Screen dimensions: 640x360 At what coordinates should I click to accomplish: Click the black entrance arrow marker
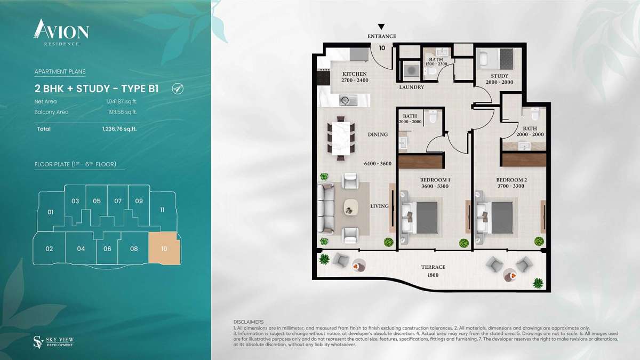[381, 27]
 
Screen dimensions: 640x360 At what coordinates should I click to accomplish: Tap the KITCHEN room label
[355, 74]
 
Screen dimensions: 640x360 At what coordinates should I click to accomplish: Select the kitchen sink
[348, 100]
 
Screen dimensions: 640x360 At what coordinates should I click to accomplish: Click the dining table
[341, 138]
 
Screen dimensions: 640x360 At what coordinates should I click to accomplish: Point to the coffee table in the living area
[350, 206]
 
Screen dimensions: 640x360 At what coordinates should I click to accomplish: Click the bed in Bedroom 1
[420, 218]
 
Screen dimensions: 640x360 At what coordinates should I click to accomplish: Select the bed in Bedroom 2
[495, 218]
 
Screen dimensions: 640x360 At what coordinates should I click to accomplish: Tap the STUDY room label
[499, 76]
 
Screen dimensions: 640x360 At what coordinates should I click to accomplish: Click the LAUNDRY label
[411, 87]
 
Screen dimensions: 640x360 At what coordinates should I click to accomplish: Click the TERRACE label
[433, 267]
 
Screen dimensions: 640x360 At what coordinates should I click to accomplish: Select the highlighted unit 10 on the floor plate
[165, 248]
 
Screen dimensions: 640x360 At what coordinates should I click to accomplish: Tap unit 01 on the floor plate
[51, 212]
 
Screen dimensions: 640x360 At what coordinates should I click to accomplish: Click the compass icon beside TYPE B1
[178, 89]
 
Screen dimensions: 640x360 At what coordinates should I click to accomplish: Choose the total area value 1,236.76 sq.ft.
[119, 129]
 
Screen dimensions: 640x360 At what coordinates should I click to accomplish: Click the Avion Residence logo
[61, 32]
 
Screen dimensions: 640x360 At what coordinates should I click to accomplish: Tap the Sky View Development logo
[53, 342]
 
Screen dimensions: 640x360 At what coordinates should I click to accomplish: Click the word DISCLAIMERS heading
[249, 322]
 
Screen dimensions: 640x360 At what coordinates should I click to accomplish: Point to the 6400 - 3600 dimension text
[378, 164]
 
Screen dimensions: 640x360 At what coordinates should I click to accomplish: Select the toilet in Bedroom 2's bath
[535, 114]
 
